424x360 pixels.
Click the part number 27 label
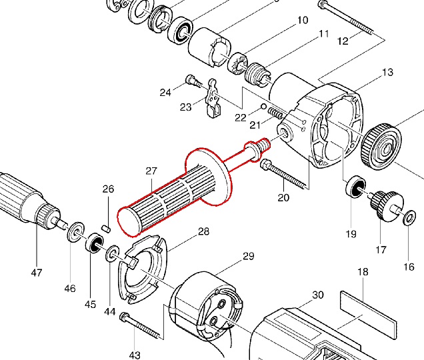click(151, 171)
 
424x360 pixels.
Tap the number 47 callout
click(36, 273)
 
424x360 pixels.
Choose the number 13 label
click(388, 72)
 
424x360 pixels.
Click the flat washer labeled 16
click(409, 217)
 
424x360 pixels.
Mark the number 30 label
click(317, 295)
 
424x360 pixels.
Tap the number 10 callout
click(302, 20)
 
